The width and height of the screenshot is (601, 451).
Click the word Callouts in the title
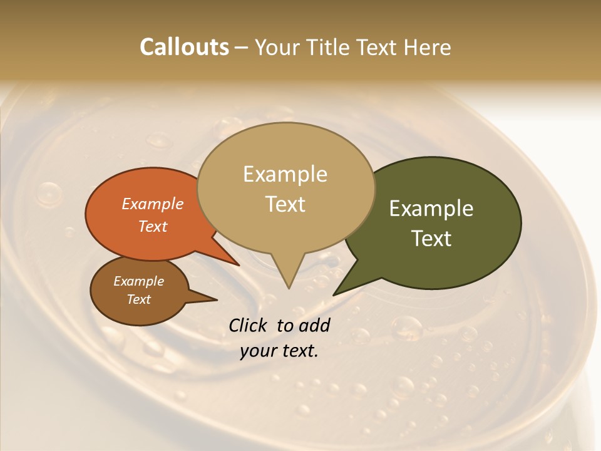tap(184, 48)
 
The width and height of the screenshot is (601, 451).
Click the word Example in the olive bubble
tap(431, 209)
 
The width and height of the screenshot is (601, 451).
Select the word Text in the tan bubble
tap(285, 204)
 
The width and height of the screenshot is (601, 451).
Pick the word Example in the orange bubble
tap(153, 204)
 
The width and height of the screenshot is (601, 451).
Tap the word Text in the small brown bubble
tap(139, 299)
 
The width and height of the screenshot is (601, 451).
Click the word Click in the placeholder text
tap(249, 325)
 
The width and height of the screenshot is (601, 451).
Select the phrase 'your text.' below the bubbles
tap(279, 351)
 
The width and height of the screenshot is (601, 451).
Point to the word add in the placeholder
tap(314, 325)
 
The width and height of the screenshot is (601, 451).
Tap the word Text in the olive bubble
tap(431, 239)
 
